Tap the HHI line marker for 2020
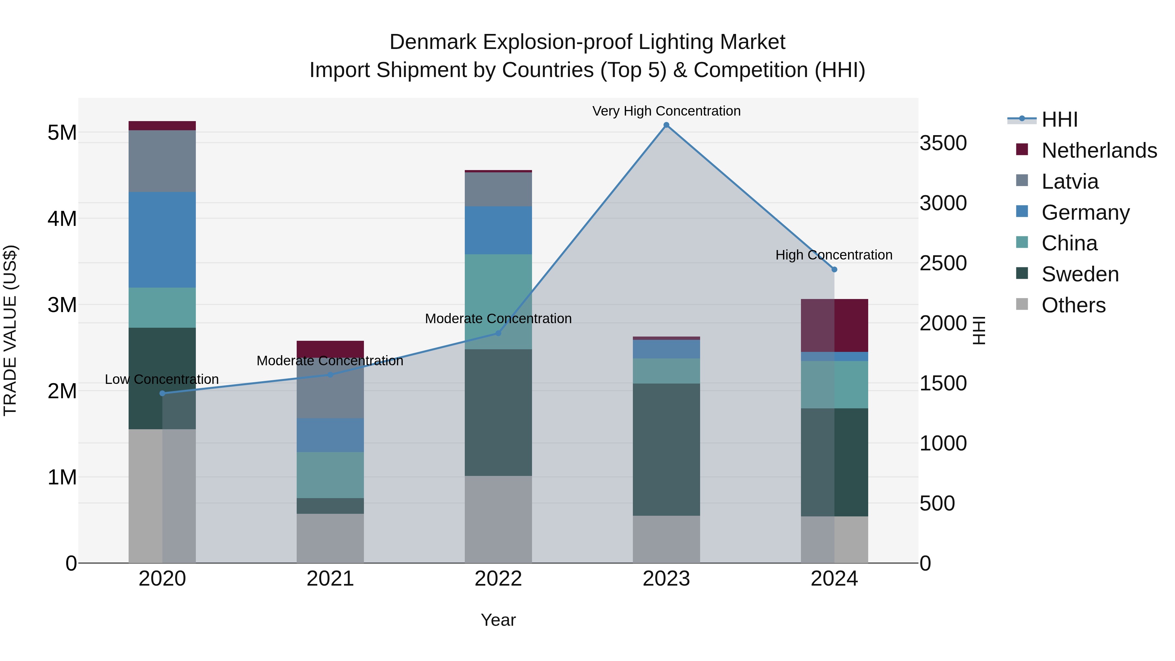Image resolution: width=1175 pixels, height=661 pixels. pyautogui.click(x=163, y=393)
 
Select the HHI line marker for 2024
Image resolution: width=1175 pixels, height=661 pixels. pyautogui.click(x=834, y=270)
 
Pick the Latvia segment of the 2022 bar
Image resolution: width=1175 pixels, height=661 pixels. pyautogui.click(x=498, y=189)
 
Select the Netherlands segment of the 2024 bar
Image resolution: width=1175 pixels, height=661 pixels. pyautogui.click(x=834, y=325)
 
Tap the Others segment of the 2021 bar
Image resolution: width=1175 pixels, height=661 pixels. pyautogui.click(x=330, y=538)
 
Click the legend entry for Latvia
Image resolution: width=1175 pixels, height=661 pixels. pyautogui.click(x=1069, y=181)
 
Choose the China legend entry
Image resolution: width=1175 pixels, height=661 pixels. pyautogui.click(x=1069, y=243)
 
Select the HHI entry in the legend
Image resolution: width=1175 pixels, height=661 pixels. pyautogui.click(x=1059, y=119)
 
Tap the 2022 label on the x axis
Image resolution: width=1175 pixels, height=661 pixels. pyautogui.click(x=498, y=579)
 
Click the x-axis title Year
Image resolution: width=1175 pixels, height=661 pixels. pyautogui.click(x=498, y=620)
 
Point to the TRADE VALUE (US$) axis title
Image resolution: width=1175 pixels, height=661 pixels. pyautogui.click(x=10, y=330)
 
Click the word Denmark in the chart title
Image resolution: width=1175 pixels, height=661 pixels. pyautogui.click(x=433, y=42)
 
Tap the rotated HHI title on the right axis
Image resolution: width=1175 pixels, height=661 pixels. pyautogui.click(x=979, y=330)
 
